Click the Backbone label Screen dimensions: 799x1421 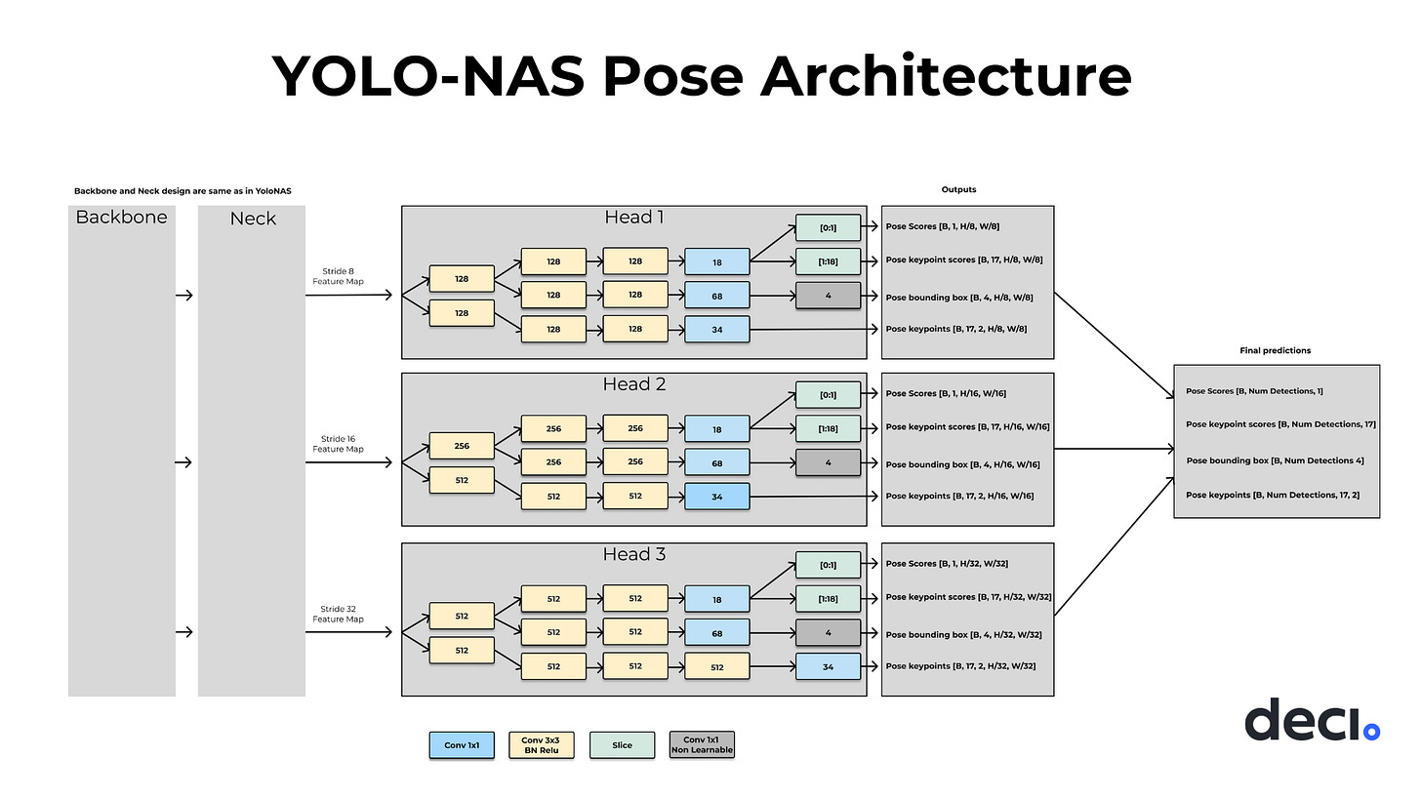point(121,217)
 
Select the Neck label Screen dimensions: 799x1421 point(253,219)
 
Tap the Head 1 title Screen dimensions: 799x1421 point(633,217)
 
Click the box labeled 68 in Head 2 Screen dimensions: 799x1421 point(717,462)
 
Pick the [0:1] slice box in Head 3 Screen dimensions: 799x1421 point(828,564)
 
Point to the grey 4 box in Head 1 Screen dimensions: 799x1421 point(828,295)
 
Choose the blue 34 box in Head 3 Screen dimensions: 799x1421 point(828,666)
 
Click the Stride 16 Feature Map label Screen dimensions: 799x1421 point(338,444)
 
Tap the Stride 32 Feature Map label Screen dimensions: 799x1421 point(338,614)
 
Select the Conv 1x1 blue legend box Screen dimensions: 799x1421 point(462,745)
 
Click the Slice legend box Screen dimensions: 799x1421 point(622,745)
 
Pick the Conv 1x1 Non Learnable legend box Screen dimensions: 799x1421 point(702,745)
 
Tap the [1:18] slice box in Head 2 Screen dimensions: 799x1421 point(828,427)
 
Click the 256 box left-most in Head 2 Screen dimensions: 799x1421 point(462,446)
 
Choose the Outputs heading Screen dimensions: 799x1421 point(958,189)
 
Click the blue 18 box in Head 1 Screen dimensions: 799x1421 point(717,260)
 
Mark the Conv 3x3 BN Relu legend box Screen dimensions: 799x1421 point(542,745)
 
